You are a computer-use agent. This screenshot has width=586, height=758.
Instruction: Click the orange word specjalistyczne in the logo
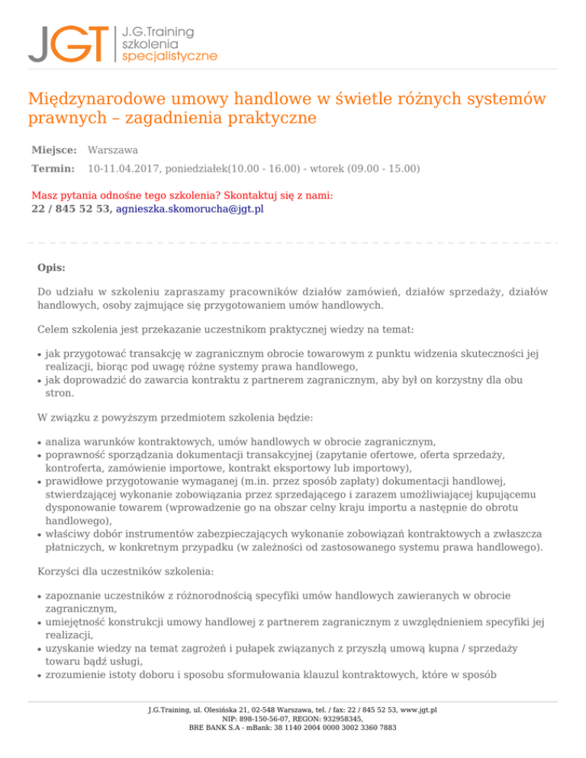click(169, 56)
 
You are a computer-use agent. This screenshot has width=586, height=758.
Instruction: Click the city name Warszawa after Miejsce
click(113, 151)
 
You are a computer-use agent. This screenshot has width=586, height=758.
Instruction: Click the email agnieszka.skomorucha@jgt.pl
click(189, 208)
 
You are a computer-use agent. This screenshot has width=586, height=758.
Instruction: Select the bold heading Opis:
click(51, 268)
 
